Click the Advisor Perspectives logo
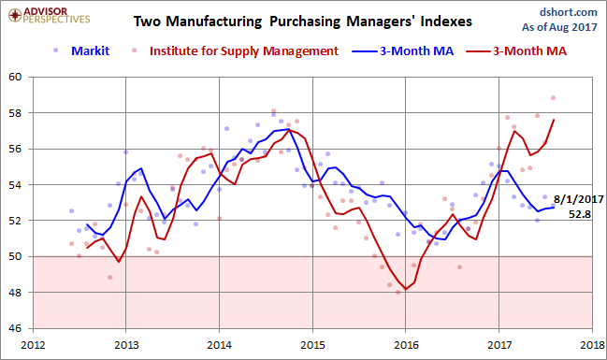[x=40, y=16]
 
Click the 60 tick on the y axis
[x=18, y=78]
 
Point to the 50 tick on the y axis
[x=18, y=257]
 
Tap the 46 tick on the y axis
[x=18, y=329]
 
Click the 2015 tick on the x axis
[x=312, y=344]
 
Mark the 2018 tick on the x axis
[x=591, y=344]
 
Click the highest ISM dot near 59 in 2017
[x=554, y=97]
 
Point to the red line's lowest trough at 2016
[x=404, y=289]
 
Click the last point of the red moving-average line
[x=554, y=120]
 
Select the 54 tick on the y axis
[x=18, y=185]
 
